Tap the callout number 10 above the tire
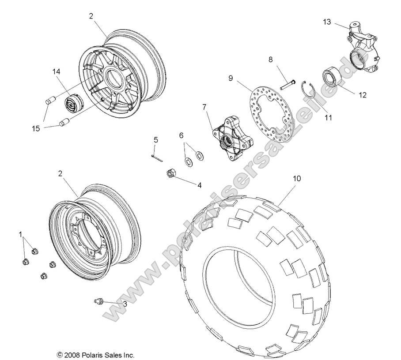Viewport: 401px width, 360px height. point(296,179)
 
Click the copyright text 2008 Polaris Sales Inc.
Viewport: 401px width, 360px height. point(95,354)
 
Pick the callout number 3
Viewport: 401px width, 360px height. point(125,304)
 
